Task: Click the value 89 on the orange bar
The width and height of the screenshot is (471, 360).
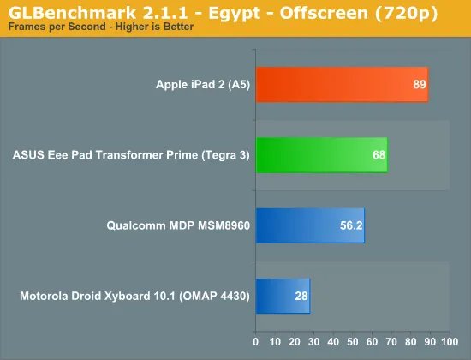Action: pyautogui.click(x=419, y=84)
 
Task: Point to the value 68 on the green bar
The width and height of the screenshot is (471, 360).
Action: pyautogui.click(x=379, y=155)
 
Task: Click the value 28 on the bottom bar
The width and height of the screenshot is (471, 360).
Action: pyautogui.click(x=301, y=296)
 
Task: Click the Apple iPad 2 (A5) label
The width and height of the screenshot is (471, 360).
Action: pyautogui.click(x=202, y=84)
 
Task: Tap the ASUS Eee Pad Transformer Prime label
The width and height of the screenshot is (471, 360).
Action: pyautogui.click(x=131, y=155)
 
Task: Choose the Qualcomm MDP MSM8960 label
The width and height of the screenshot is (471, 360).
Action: pyautogui.click(x=177, y=225)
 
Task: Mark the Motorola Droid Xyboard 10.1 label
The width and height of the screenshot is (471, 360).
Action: pyautogui.click(x=134, y=296)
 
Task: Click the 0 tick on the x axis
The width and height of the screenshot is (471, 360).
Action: pyautogui.click(x=256, y=341)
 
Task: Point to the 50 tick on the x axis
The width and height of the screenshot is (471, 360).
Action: pyautogui.click(x=352, y=341)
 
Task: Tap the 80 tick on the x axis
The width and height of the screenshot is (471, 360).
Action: pyautogui.click(x=410, y=341)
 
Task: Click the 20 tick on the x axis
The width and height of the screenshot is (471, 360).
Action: pyautogui.click(x=295, y=341)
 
